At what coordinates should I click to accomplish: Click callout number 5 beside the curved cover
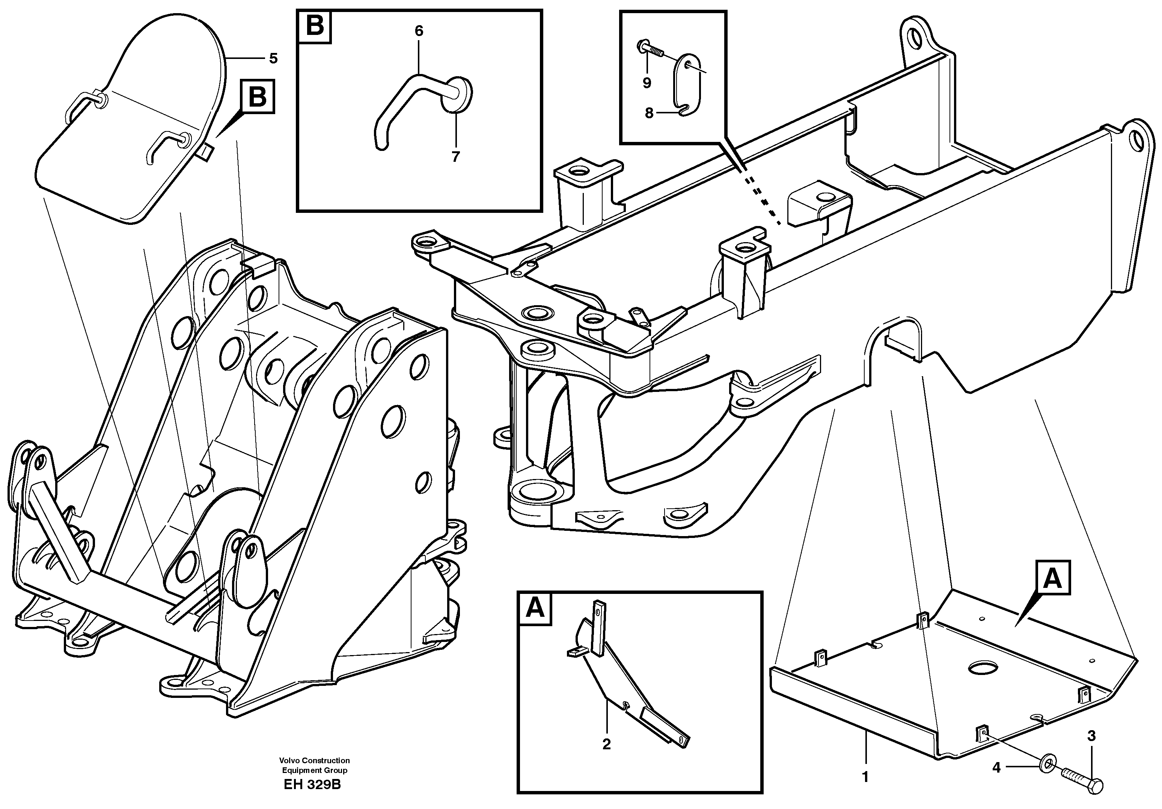pos(273,59)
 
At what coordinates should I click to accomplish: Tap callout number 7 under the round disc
pos(455,157)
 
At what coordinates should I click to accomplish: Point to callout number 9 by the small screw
pos(647,83)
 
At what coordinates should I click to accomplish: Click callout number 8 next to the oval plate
pos(649,113)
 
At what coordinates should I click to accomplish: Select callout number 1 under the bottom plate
pos(865,777)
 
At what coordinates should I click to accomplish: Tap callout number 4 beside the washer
pos(996,768)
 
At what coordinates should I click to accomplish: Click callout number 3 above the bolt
pos(1092,736)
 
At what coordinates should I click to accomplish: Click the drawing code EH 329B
pos(312,785)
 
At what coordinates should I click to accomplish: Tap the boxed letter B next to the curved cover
pos(258,96)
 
